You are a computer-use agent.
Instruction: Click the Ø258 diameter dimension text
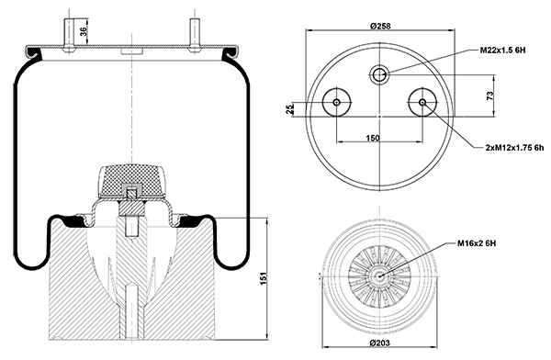point(380,26)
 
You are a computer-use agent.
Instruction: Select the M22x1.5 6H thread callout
point(503,51)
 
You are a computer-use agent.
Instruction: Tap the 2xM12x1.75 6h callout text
point(514,148)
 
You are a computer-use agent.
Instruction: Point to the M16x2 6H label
point(477,243)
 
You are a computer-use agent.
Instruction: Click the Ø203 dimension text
point(380,343)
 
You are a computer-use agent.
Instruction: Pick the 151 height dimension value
point(265,278)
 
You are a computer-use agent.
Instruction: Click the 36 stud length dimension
point(84,31)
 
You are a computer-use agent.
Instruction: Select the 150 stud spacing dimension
point(373,138)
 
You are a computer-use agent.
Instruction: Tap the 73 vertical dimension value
point(489,96)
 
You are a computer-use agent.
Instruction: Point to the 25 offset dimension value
point(290,109)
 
